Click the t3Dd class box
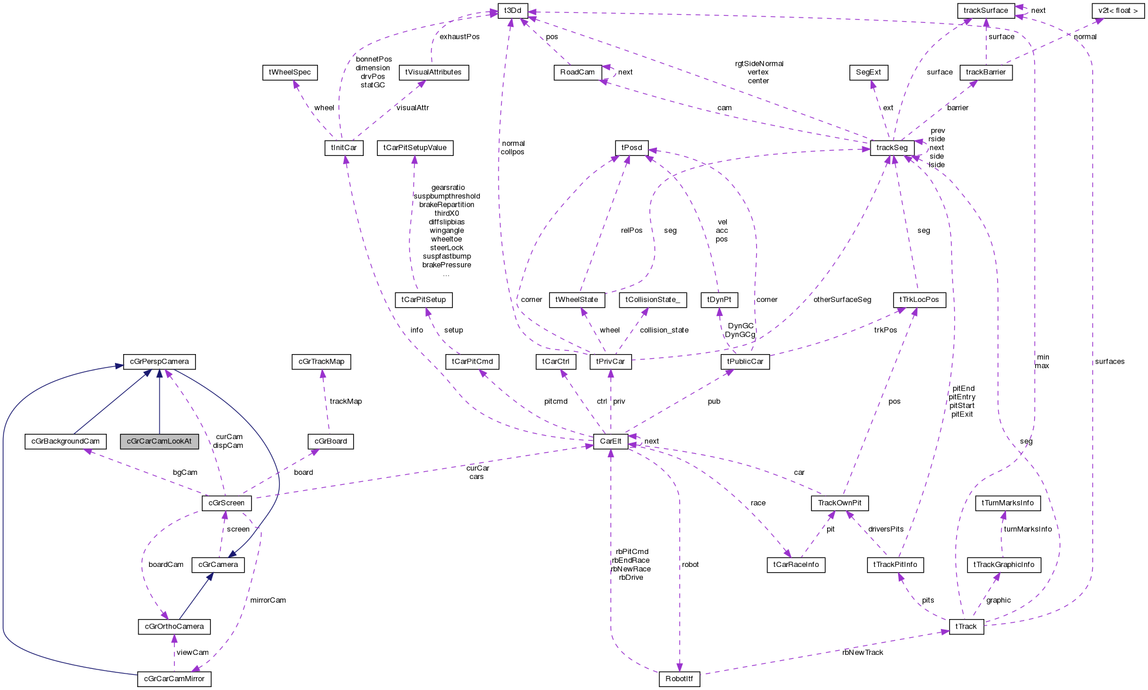(x=512, y=11)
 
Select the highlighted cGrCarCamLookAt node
(x=159, y=441)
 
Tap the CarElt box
(x=610, y=441)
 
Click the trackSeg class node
(x=892, y=148)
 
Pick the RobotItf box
(x=679, y=679)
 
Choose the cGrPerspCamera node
(x=159, y=362)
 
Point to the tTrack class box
(x=966, y=627)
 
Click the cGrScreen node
(x=226, y=503)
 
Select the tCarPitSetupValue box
(x=415, y=148)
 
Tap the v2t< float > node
(x=1117, y=11)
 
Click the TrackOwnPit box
(x=839, y=503)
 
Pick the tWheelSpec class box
(x=290, y=72)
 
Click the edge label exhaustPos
(x=459, y=37)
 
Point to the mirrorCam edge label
(x=267, y=600)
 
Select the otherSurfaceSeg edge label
(x=842, y=300)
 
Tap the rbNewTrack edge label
(x=862, y=652)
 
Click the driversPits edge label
(x=886, y=529)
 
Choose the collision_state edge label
(x=664, y=330)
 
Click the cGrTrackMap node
(x=321, y=362)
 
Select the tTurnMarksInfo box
(x=1007, y=503)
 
